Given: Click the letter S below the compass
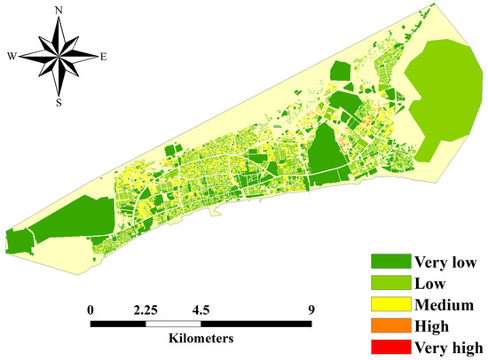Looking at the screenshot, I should [x=59, y=101].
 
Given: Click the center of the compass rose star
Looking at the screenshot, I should [x=59, y=57].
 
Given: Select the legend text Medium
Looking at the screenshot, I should [x=444, y=304].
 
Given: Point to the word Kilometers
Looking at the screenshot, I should [x=202, y=339].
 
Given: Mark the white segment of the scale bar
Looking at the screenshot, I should [x=174, y=324].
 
